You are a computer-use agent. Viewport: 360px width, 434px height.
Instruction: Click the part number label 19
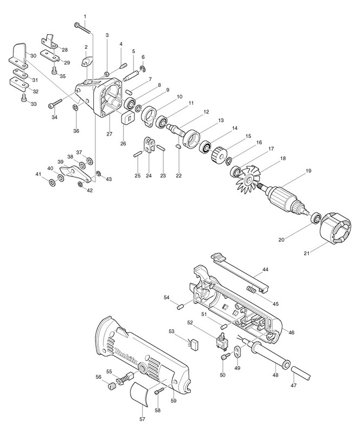[308, 171]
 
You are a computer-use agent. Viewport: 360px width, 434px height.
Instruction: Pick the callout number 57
[143, 420]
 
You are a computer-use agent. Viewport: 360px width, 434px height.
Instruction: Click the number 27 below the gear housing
[109, 134]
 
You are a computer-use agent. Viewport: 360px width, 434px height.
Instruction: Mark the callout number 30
[33, 56]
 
